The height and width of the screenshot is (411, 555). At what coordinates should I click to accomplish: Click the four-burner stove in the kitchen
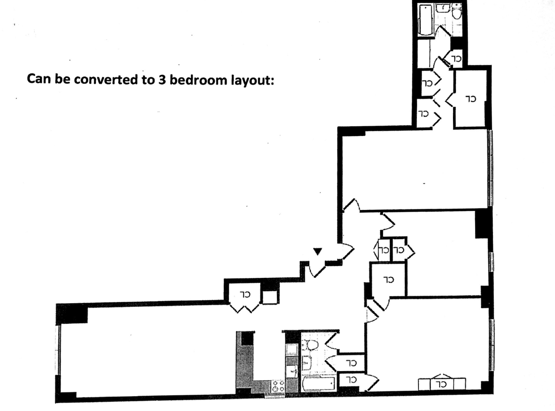click(279, 386)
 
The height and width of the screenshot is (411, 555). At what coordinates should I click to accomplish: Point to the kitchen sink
click(292, 372)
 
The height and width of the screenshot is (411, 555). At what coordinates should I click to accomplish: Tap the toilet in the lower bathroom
click(311, 344)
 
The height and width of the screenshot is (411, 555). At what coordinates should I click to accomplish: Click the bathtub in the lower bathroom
click(318, 385)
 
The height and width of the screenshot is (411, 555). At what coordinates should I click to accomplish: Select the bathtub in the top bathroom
click(424, 19)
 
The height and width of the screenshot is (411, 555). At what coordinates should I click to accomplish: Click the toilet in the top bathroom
click(456, 13)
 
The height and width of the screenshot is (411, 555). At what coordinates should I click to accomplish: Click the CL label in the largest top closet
click(471, 99)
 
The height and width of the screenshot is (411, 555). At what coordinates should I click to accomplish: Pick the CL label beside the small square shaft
click(245, 294)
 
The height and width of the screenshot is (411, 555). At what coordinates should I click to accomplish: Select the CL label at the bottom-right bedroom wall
click(441, 385)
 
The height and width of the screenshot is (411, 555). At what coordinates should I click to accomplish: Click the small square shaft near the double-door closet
click(269, 297)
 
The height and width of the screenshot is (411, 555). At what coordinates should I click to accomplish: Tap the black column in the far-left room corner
click(73, 314)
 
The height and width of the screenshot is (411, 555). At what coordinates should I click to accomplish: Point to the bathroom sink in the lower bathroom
click(306, 362)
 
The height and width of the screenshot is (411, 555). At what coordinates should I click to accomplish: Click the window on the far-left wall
click(58, 349)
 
